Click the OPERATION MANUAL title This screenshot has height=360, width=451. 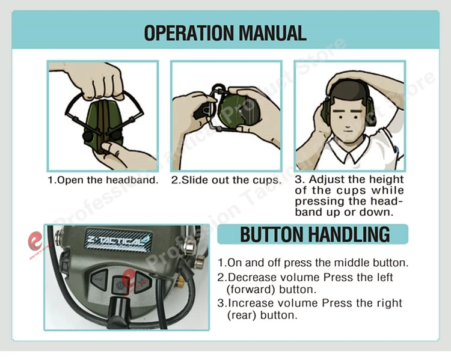(x=226, y=33)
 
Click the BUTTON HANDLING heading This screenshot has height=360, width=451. (x=314, y=234)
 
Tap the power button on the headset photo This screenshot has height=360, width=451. (x=119, y=285)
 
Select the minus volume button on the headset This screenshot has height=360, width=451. (x=99, y=279)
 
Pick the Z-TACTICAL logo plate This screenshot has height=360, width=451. (x=118, y=239)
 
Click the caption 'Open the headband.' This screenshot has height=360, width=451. (x=103, y=180)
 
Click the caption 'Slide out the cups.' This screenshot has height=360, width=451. (x=226, y=180)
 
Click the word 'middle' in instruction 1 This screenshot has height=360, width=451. (x=351, y=263)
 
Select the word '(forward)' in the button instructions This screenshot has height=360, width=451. (x=251, y=289)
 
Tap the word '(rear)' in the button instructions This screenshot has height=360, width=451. (x=242, y=315)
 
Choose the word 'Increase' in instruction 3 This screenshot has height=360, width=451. (x=250, y=303)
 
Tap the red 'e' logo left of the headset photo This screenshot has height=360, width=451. (x=35, y=241)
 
